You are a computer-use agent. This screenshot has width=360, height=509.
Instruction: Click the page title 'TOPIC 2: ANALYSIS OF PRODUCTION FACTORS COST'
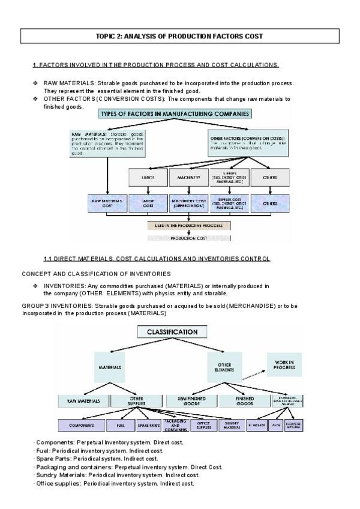(179, 37)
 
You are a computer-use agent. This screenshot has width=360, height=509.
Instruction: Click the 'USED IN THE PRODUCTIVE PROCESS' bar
(189, 226)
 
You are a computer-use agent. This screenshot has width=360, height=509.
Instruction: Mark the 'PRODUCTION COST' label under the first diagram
(189, 238)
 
